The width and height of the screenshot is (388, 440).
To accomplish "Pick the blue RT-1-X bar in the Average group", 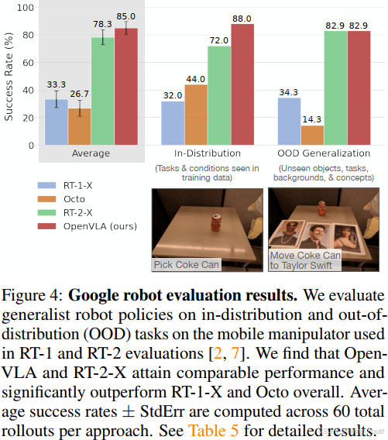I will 56,122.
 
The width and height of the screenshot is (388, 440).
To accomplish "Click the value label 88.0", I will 242,17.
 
